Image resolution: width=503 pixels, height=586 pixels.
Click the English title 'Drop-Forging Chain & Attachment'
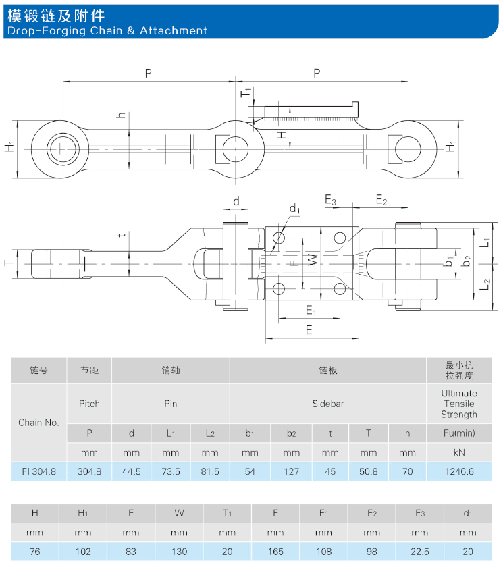(x=107, y=30)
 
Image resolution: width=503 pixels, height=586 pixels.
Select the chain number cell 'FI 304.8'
(x=39, y=471)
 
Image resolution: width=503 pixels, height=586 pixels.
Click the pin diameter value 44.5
(x=131, y=471)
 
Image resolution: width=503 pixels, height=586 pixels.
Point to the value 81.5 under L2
(x=210, y=471)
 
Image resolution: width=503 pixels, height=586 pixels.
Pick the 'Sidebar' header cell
(x=327, y=404)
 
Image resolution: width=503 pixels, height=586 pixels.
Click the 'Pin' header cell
(x=171, y=404)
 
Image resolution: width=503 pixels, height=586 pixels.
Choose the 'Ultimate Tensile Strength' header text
(x=458, y=404)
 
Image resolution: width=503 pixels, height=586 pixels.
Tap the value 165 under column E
(x=275, y=552)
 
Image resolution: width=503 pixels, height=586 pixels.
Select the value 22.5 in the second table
(x=420, y=552)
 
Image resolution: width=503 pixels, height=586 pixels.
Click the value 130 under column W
(x=179, y=552)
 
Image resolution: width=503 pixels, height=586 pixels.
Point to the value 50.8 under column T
(x=368, y=471)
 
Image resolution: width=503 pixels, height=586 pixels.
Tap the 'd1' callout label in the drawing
(x=294, y=210)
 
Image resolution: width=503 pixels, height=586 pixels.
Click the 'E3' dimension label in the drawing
(x=330, y=200)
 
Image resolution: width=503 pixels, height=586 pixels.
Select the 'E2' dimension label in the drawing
(x=381, y=200)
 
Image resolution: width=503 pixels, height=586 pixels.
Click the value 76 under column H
(x=35, y=552)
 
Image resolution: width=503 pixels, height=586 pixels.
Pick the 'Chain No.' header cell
(x=39, y=423)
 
